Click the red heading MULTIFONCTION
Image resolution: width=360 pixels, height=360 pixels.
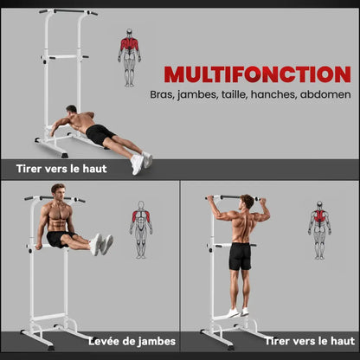tap(257, 74)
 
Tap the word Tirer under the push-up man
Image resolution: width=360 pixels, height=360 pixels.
tap(29, 169)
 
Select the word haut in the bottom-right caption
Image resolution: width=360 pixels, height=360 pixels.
tap(343, 341)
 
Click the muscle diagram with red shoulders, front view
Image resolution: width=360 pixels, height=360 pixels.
tap(141, 229)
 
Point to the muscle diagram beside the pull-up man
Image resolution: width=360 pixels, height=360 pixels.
tap(319, 230)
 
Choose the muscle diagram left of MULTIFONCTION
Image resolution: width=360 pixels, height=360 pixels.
tap(129, 58)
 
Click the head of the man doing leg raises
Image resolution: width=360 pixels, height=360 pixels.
tap(58, 192)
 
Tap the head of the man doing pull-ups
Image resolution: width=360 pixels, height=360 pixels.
tap(247, 202)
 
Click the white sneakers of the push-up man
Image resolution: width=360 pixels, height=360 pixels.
tap(141, 163)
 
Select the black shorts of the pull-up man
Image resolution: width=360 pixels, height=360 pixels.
tap(240, 256)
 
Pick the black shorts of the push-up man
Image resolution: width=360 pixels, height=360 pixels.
tap(99, 134)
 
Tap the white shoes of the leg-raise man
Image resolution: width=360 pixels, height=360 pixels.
tap(101, 245)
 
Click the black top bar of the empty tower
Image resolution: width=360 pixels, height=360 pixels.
tap(68, 11)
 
